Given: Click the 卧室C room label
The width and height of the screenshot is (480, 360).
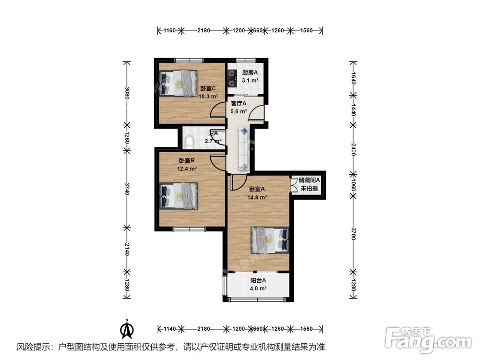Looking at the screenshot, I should tap(208, 88).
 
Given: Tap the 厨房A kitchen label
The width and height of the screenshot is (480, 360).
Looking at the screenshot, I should tap(250, 72).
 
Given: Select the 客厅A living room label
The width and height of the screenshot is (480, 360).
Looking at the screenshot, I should tap(239, 103).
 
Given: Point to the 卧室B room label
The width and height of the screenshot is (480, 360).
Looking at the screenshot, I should tap(186, 161).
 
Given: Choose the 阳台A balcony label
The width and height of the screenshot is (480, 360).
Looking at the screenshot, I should tap(258, 281).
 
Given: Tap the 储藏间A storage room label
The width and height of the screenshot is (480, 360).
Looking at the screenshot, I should tap(309, 180).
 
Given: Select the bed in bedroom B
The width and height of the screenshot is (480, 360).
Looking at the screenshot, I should tap(179, 196).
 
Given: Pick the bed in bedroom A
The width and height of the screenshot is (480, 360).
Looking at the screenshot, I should tap(270, 238).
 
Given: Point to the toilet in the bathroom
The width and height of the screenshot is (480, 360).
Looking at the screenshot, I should tap(189, 141).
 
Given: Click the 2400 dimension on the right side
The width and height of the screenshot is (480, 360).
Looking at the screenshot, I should tap(353, 151).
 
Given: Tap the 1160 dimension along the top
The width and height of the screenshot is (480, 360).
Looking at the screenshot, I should tap(168, 31).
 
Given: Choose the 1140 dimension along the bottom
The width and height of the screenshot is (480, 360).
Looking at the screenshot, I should tap(168, 329).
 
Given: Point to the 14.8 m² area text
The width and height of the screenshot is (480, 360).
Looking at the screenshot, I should tap(257, 197).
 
